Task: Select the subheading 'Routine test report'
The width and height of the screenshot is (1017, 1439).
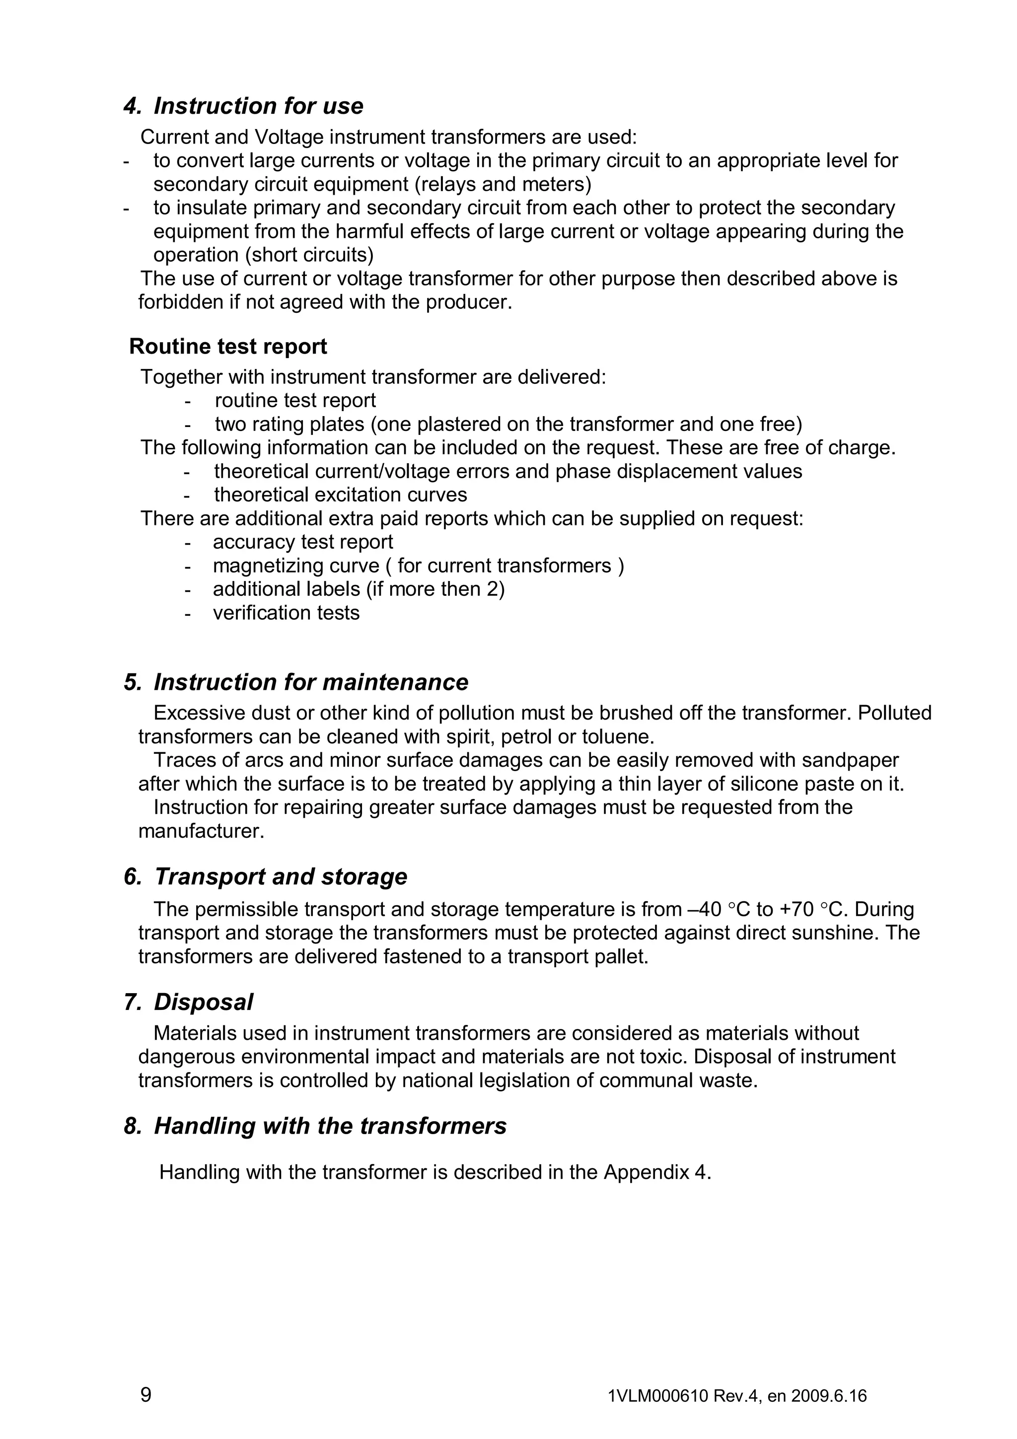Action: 228,347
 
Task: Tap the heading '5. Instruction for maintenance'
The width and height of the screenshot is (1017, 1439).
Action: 296,682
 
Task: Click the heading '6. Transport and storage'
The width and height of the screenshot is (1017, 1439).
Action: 266,876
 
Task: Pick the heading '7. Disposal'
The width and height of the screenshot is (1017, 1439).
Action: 188,1002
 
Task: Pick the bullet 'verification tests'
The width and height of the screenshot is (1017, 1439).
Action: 287,613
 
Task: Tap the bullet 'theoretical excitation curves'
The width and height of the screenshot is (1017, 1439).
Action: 340,495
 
